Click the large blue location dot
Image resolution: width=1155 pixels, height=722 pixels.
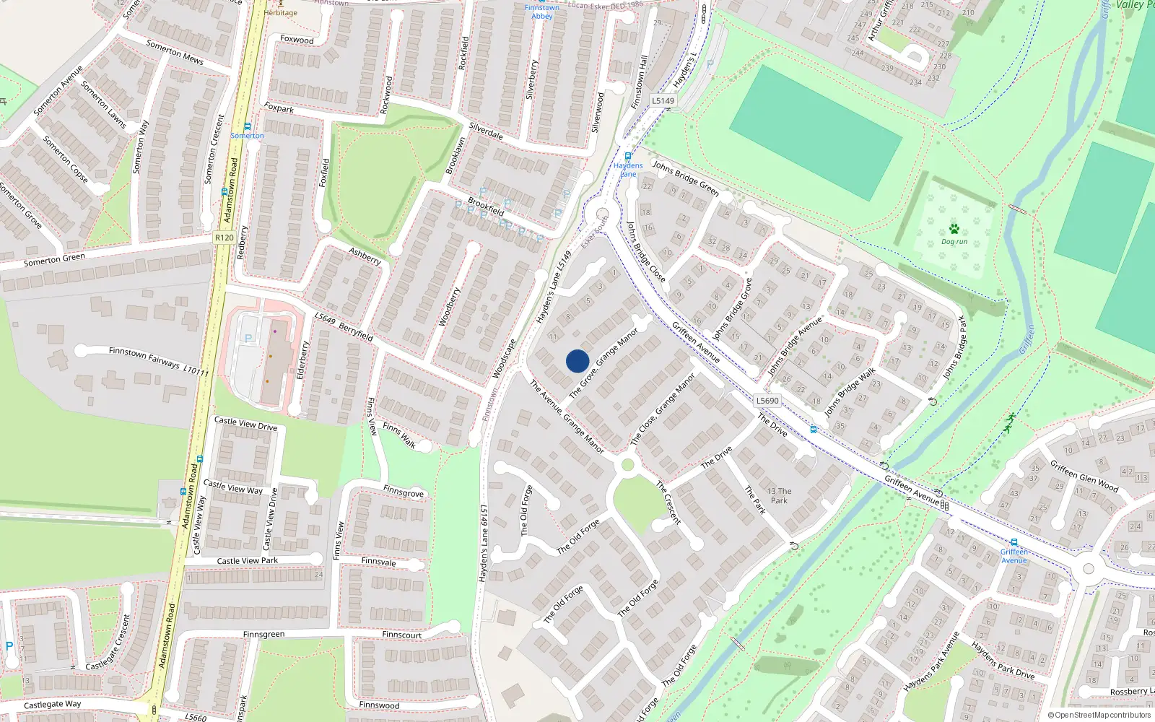[577, 361]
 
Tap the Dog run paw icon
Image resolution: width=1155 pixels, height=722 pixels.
[954, 229]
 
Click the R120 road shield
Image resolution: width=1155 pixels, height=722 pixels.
[224, 238]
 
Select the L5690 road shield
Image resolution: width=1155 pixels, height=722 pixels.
[767, 401]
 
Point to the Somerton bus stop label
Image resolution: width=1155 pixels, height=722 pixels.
[247, 136]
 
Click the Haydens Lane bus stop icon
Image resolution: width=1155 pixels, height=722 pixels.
[628, 156]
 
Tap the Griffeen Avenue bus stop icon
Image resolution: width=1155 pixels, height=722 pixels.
[1014, 542]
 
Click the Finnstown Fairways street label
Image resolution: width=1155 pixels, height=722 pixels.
[158, 361]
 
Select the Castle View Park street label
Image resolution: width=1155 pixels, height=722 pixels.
[247, 561]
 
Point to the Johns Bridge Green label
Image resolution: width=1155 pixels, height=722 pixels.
[686, 178]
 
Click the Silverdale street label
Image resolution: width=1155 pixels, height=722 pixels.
[486, 131]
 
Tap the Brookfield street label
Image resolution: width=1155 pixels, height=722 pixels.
[486, 206]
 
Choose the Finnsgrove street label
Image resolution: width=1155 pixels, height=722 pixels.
[403, 492]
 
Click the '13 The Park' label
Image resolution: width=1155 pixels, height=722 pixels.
[779, 495]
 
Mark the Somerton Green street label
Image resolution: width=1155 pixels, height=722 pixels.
[54, 260]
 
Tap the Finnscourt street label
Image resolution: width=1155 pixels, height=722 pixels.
[401, 635]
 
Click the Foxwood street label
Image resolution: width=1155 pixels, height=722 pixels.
[297, 40]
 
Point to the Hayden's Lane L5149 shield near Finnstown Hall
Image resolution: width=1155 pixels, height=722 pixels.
[663, 101]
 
